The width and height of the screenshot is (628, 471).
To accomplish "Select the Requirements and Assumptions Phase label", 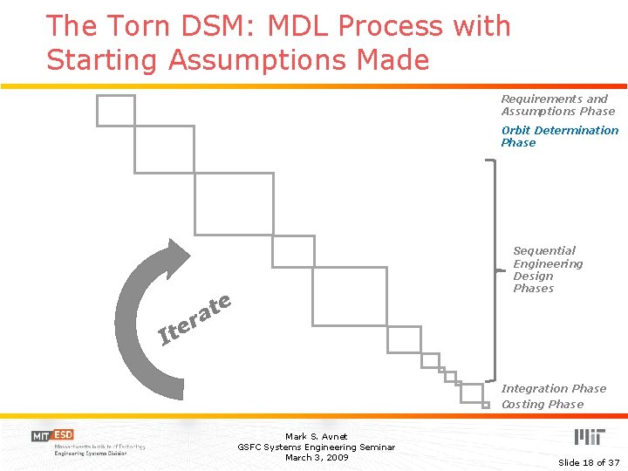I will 557,105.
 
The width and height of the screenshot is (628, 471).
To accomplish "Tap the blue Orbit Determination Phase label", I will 559,136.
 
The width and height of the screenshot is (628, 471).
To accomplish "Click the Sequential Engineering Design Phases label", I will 547,270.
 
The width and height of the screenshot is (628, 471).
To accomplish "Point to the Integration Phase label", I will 553,389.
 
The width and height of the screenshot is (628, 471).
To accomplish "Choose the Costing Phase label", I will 542,405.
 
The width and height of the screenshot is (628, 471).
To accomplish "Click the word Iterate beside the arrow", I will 195,317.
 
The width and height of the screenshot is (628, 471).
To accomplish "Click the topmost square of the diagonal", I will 115,111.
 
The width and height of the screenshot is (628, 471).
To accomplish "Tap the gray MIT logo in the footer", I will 588,437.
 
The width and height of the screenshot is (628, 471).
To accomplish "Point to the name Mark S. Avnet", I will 316,436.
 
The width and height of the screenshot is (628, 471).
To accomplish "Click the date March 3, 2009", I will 316,458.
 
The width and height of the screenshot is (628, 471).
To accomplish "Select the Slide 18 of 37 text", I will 589,462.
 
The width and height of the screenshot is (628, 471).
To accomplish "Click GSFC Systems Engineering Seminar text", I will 316,447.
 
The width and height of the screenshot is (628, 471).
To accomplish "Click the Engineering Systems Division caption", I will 90,454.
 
